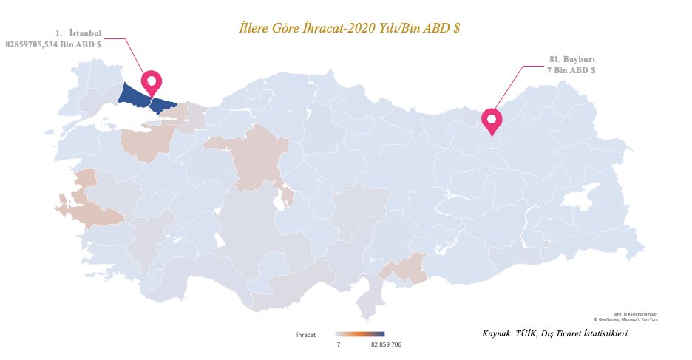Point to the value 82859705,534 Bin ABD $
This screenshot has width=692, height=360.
[53, 45]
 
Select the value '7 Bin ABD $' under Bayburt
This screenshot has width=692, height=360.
[571, 70]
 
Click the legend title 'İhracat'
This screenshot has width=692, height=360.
[306, 335]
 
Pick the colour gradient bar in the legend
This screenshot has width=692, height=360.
[360, 335]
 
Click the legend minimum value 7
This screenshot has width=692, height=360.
[338, 345]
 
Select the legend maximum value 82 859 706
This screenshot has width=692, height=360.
[386, 345]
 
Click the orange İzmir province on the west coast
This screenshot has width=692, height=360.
[92, 211]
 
